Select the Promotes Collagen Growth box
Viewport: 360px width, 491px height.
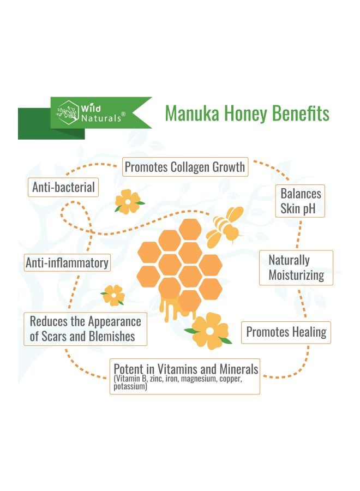click(185, 167)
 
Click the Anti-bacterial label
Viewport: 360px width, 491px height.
click(63, 188)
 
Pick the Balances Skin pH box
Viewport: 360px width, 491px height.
click(301, 201)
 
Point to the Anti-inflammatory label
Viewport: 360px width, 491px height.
click(67, 263)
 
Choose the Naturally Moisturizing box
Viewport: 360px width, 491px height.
click(296, 267)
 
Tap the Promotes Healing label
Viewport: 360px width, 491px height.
click(286, 332)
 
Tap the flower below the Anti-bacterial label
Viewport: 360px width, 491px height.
click(128, 201)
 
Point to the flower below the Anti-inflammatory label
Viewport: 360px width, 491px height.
click(113, 295)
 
